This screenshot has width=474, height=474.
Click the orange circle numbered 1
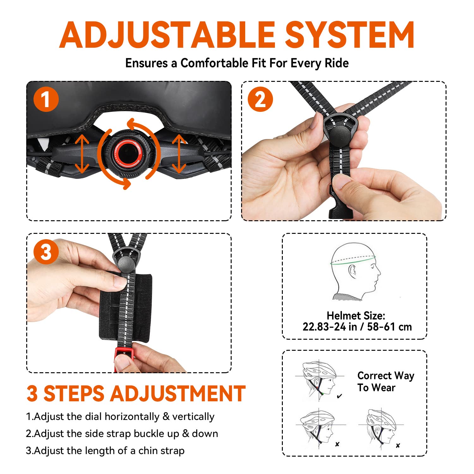tap(46, 100)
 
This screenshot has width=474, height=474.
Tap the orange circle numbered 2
tap(260, 100)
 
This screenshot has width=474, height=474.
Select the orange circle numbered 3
tap(46, 252)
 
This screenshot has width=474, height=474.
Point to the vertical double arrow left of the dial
tap(82, 154)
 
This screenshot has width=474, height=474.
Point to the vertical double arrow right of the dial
tap(179, 154)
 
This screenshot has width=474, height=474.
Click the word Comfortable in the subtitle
tap(214, 63)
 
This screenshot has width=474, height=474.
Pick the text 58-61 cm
tap(389, 327)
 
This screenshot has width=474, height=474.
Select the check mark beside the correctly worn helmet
tap(339, 396)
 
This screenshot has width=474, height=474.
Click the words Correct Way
tap(386, 376)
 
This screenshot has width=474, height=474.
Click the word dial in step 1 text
tap(94, 416)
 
